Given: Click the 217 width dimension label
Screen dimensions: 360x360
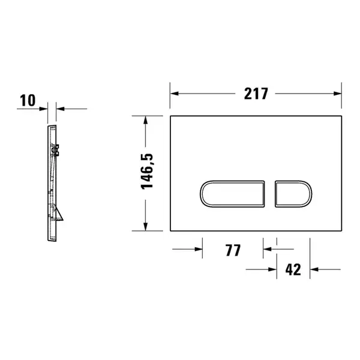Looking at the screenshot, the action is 256,94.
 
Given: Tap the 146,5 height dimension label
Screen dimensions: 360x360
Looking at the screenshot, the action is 147,172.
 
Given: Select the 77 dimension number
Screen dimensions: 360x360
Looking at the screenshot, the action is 233,250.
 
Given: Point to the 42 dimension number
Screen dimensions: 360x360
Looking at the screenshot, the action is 293,270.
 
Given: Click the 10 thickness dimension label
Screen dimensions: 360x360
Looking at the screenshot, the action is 28,100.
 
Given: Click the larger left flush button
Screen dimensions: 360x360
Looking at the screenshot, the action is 232,194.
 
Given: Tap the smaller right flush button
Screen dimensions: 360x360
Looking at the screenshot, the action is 293,194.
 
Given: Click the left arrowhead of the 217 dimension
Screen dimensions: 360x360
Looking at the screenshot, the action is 175,94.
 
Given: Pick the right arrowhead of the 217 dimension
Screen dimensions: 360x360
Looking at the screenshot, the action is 337,94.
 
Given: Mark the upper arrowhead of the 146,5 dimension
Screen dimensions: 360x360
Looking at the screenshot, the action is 145,120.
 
